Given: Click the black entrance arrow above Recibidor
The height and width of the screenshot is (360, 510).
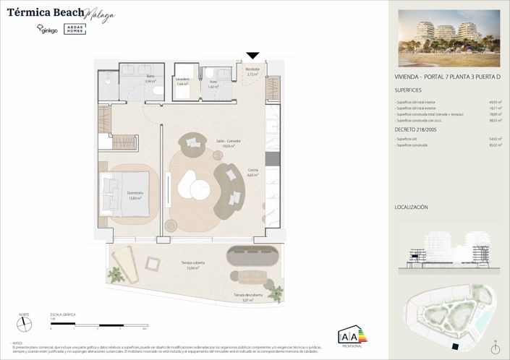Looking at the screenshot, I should click(252, 56).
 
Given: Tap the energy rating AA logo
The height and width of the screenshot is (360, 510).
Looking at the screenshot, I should click(352, 336).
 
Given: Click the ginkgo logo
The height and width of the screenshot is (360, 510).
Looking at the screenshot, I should click(47, 30).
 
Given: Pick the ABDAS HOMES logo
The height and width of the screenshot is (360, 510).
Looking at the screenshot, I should click(76, 28).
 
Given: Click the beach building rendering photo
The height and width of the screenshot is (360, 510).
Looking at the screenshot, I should click(449, 43).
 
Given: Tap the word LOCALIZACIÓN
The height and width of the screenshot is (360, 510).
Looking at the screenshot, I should click(412, 207).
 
